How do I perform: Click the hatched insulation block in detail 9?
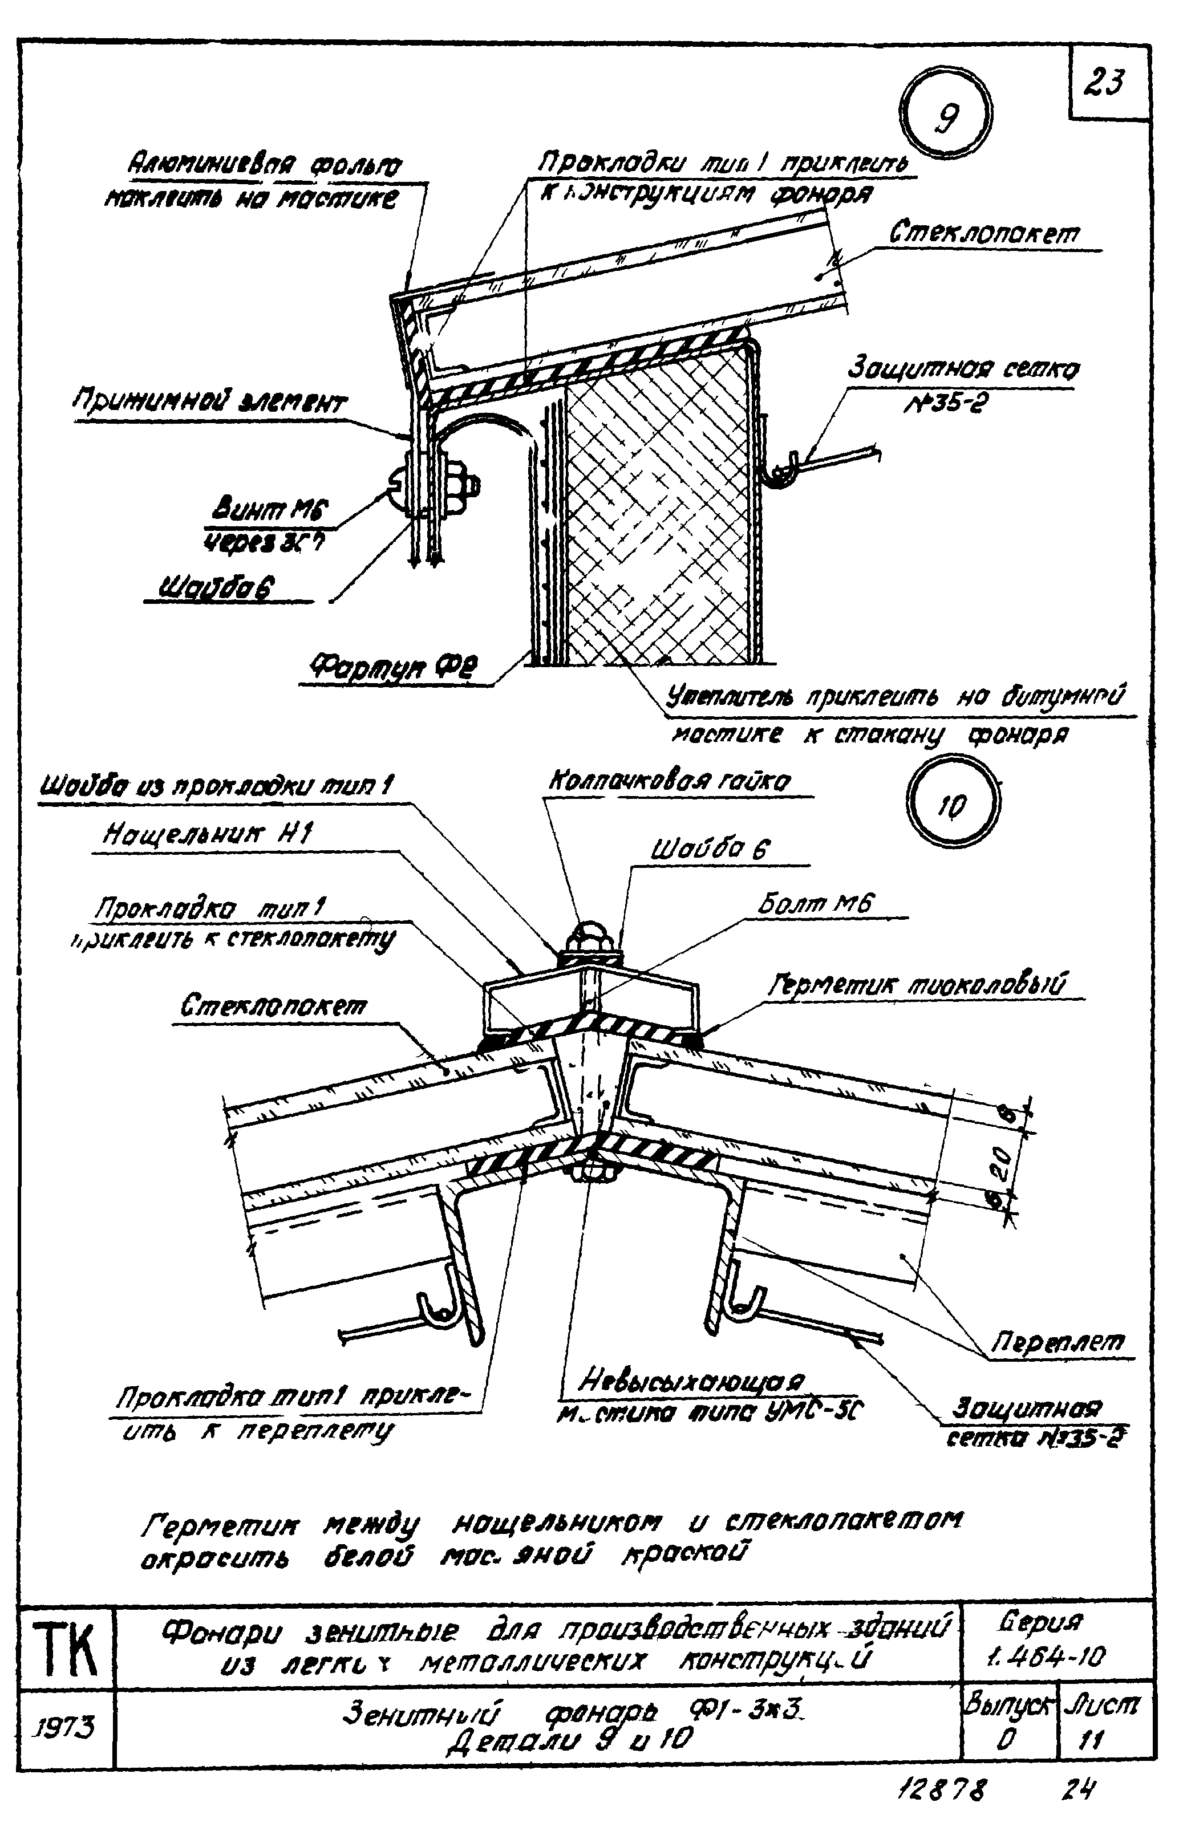click(655, 521)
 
